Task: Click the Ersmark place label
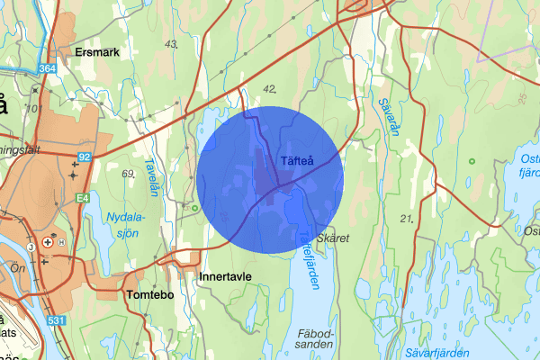[x=98, y=52]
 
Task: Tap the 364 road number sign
[x=47, y=68]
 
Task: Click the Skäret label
[x=332, y=238]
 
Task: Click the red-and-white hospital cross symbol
[x=60, y=243]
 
